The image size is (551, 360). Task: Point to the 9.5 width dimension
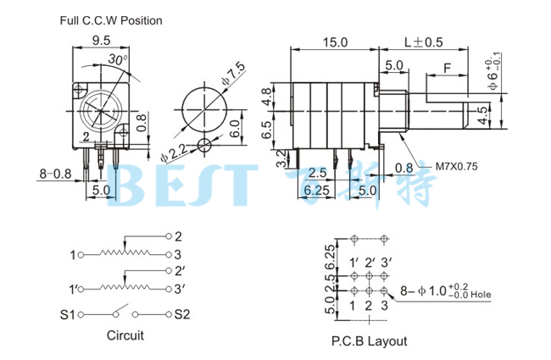pos(101,40)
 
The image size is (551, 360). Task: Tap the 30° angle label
pos(118,59)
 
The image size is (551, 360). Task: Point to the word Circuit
pos(125,335)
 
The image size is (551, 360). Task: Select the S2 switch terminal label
pos(183,315)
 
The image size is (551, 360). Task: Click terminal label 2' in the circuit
pos(180,271)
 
